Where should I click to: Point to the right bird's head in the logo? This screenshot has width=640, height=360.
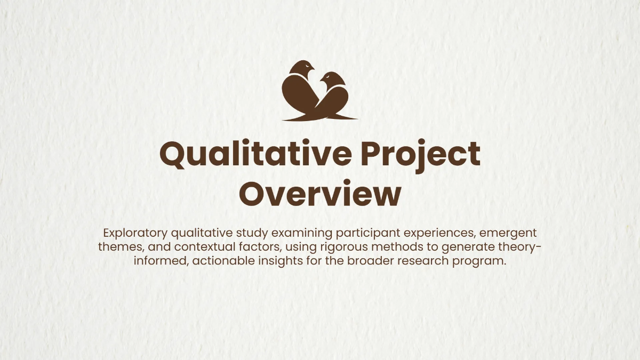pyautogui.click(x=332, y=79)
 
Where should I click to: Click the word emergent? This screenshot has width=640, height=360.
pyautogui.click(x=511, y=233)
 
